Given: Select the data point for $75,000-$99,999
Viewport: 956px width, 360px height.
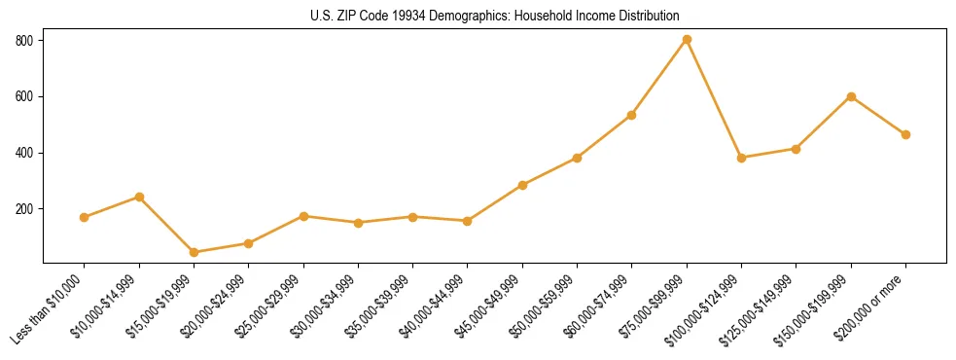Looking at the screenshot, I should pyautogui.click(x=687, y=39).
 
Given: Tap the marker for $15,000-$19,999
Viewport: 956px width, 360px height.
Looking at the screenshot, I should pyautogui.click(x=194, y=252).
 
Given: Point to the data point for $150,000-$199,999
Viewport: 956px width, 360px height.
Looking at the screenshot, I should pyautogui.click(x=851, y=96).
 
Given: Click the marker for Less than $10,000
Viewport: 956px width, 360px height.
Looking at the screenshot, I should pyautogui.click(x=85, y=217).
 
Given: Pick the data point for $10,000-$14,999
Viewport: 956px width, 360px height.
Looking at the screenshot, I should pyautogui.click(x=139, y=197).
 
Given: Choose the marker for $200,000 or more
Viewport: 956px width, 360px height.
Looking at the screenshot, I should pyautogui.click(x=905, y=134).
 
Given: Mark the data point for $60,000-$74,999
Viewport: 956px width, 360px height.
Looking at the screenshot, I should pyautogui.click(x=632, y=115).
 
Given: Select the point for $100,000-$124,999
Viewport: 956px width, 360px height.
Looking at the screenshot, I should pyautogui.click(x=741, y=158).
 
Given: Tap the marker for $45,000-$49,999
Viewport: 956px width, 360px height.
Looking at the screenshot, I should pyautogui.click(x=522, y=185).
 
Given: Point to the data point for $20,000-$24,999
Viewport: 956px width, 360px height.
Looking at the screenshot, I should pyautogui.click(x=248, y=243).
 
